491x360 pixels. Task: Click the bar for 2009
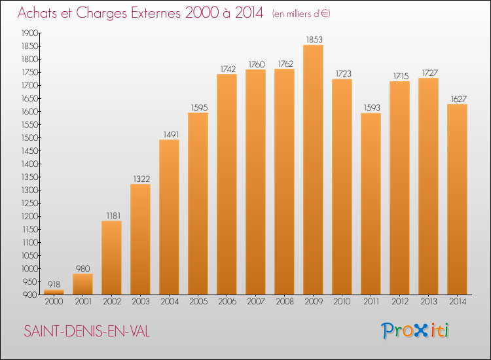(313, 170)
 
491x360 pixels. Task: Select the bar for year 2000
(54, 292)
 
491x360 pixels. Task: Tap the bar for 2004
(169, 217)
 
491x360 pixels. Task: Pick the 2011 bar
(371, 204)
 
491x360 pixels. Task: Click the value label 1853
(314, 40)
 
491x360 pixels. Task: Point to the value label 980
(82, 268)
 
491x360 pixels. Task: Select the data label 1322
(141, 179)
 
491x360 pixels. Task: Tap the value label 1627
(459, 99)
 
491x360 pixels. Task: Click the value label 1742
(228, 69)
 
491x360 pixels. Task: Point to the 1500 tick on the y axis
(29, 137)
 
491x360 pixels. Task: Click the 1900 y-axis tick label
(29, 33)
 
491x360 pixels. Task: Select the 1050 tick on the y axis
(29, 256)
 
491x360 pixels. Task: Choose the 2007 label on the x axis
(256, 302)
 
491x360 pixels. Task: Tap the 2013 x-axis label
(429, 302)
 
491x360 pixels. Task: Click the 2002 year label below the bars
(112, 302)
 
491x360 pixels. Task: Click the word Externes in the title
(156, 13)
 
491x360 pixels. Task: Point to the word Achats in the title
(37, 13)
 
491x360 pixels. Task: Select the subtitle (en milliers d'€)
(301, 14)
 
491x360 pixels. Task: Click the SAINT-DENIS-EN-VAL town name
(86, 331)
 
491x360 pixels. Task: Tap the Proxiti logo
(415, 331)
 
